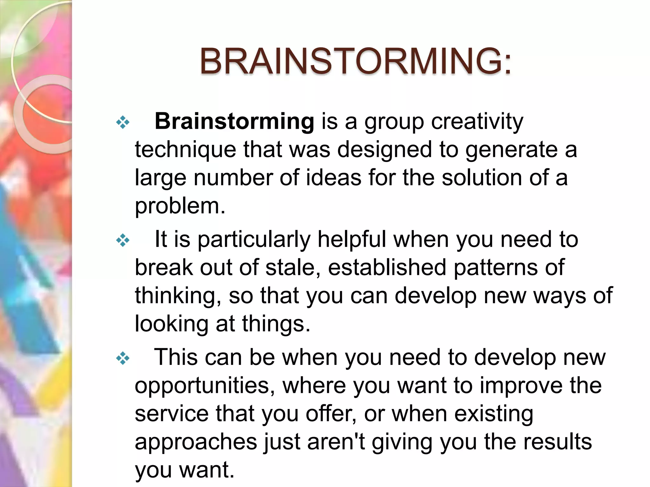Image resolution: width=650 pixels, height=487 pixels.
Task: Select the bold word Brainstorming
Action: pyautogui.click(x=234, y=121)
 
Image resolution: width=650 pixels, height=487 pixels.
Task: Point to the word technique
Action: pyautogui.click(x=185, y=150)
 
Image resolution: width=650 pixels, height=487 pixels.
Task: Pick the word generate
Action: pyautogui.click(x=511, y=150)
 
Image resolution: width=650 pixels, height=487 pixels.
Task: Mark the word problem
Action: pyautogui.click(x=180, y=206)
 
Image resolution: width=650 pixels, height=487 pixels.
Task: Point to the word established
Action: pyautogui.click(x=387, y=268)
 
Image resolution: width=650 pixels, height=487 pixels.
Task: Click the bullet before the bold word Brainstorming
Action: pyautogui.click(x=123, y=122)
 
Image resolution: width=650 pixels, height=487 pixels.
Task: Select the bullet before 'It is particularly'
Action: pyautogui.click(x=123, y=241)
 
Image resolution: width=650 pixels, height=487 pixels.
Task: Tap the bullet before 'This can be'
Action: pyautogui.click(x=123, y=359)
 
